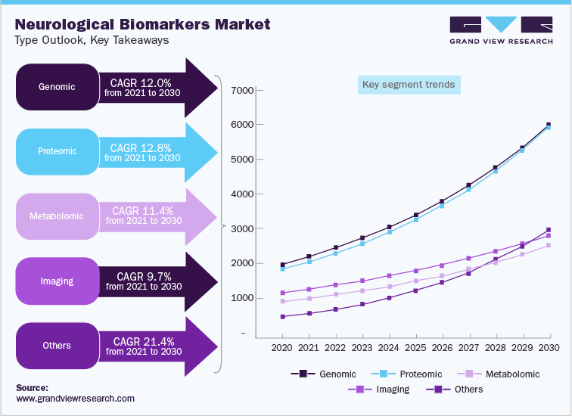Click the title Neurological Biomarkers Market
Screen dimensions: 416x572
click(142, 23)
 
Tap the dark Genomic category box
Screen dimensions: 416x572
click(58, 86)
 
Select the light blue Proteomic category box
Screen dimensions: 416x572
click(58, 151)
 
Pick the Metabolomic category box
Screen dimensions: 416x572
click(58, 216)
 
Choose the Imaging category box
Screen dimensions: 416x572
click(58, 281)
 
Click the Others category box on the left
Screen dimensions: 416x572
click(58, 346)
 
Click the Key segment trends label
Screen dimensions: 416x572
click(409, 85)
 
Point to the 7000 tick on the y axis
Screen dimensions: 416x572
click(244, 91)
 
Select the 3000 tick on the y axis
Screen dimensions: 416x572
click(244, 228)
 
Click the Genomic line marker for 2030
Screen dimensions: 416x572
click(549, 125)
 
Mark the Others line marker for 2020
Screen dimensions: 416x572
click(282, 317)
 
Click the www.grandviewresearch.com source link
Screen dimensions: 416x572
click(75, 398)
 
